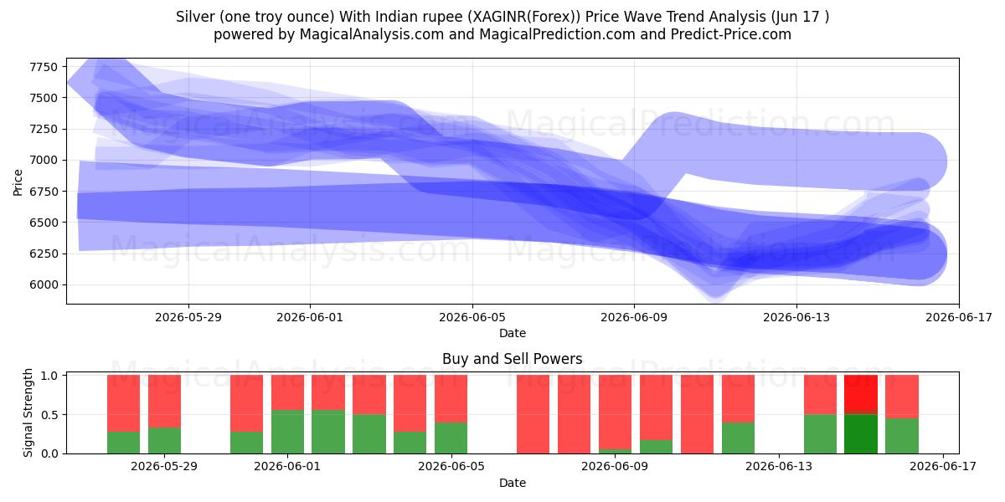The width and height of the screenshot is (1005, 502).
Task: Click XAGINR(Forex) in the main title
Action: (523, 17)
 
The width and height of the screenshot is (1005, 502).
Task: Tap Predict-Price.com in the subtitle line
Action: (731, 34)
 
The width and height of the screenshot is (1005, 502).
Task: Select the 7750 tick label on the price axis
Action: (44, 67)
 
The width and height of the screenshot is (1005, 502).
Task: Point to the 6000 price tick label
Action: (44, 285)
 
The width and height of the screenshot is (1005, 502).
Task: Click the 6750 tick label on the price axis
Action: (44, 192)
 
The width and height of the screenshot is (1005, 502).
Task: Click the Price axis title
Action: (18, 182)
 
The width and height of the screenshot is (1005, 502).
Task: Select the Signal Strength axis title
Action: (28, 412)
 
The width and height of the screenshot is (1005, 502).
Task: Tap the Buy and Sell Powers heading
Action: (512, 359)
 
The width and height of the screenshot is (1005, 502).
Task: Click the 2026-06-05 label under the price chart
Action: (472, 317)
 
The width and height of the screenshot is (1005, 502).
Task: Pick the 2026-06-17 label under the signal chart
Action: (943, 467)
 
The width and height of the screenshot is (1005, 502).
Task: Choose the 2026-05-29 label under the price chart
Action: (188, 317)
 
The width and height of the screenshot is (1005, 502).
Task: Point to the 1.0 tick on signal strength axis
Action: (49, 376)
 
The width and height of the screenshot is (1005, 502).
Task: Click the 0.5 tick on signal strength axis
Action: (49, 415)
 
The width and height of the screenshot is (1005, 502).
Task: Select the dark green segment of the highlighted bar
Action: (861, 434)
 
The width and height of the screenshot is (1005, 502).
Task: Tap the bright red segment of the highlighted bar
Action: (861, 393)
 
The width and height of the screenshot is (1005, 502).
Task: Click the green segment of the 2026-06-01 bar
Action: (287, 432)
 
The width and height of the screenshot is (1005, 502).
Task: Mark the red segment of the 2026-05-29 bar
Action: (165, 401)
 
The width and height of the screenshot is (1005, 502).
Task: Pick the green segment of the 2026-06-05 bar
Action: (451, 438)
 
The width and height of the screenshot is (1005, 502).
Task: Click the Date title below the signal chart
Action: (513, 483)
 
